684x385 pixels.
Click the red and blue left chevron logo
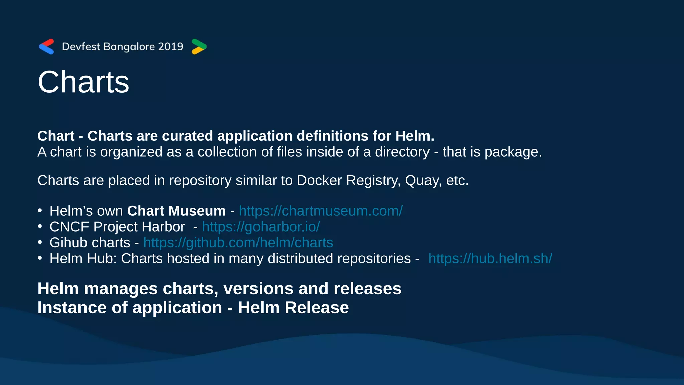(46, 47)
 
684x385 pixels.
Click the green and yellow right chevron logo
(199, 47)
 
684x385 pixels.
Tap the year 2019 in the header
(171, 46)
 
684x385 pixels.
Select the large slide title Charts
(83, 82)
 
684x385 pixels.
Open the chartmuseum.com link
(321, 211)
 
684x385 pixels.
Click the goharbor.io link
(261, 227)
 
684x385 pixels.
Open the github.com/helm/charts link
(238, 243)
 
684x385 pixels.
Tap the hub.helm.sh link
(490, 259)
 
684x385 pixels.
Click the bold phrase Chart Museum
(176, 211)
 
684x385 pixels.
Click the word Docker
(319, 180)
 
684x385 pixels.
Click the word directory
(402, 152)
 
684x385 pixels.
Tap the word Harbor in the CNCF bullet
(163, 227)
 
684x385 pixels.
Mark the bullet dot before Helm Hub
(40, 258)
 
